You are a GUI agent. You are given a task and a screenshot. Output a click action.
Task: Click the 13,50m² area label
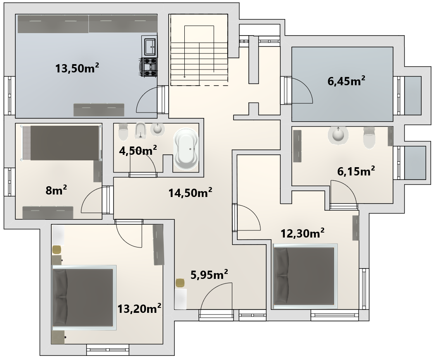point(77,68)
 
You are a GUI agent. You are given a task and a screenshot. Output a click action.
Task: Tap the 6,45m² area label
point(346,81)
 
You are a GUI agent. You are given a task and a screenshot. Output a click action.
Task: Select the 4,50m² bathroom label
point(138,151)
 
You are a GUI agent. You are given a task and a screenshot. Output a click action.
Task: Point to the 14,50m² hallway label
point(191,192)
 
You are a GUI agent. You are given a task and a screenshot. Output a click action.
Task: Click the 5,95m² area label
point(209,274)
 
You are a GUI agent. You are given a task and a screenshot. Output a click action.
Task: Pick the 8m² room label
point(56,190)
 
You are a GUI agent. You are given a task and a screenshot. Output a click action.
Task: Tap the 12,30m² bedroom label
point(303,233)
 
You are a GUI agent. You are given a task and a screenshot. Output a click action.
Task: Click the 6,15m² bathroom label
point(356,171)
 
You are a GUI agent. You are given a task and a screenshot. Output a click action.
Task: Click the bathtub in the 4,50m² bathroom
point(186,149)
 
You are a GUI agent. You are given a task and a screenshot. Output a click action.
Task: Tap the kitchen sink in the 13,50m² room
point(150,46)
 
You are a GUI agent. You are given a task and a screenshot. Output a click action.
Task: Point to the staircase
point(199,50)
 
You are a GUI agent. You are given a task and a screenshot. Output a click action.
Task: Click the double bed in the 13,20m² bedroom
point(84,298)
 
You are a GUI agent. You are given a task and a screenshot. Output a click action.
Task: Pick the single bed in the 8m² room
point(61,143)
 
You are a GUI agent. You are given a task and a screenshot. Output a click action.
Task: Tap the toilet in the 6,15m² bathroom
point(369,137)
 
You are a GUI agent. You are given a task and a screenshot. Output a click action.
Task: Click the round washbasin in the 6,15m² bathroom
point(338,134)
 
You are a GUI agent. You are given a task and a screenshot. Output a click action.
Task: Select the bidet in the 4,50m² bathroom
point(141,130)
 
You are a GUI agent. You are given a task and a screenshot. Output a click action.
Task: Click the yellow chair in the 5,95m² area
point(180,283)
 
